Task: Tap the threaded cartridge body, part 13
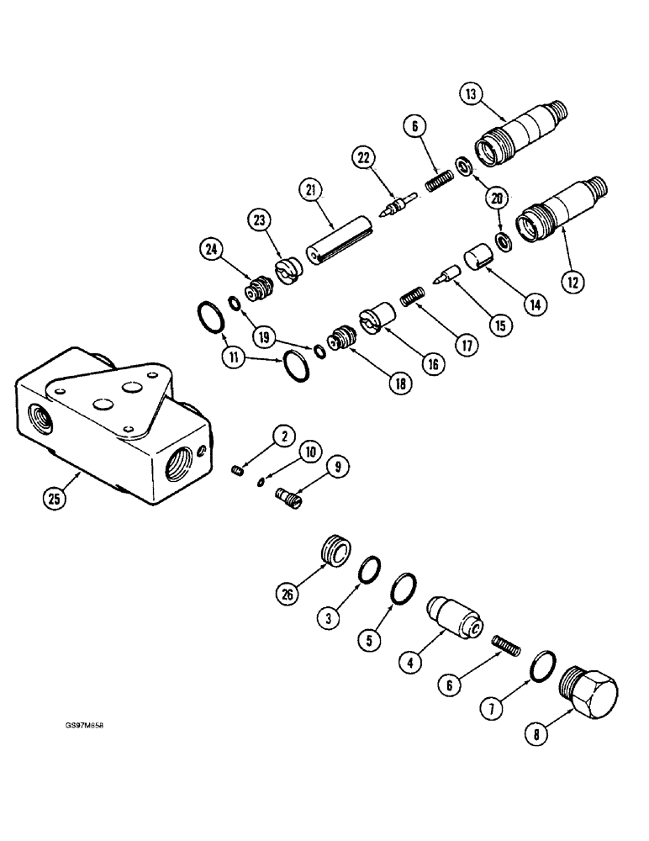coord(521,128)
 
